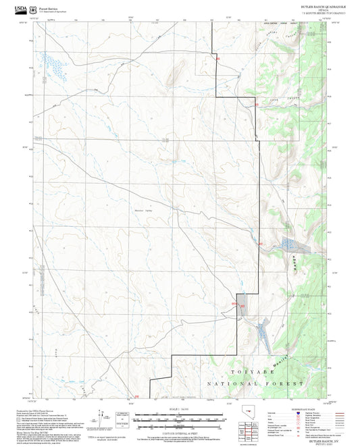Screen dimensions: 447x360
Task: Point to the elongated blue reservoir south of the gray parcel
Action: (x=261, y=333)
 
